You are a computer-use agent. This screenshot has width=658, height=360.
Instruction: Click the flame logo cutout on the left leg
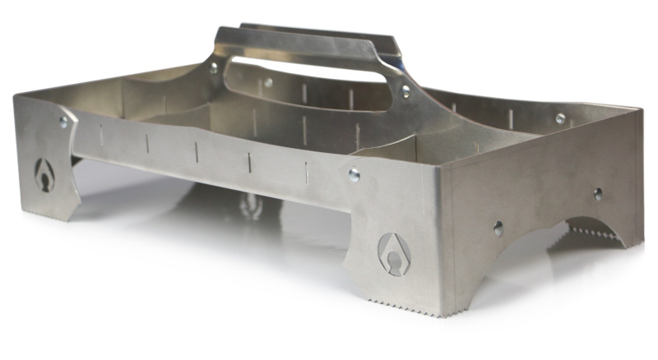tap(44, 173)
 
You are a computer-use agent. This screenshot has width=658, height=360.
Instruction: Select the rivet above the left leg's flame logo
tap(63, 122)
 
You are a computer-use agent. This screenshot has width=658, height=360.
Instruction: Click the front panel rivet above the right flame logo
tap(354, 174)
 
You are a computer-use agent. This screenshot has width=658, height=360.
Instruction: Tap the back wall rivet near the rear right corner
tap(560, 118)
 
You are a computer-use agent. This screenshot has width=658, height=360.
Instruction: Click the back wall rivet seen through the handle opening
tap(268, 82)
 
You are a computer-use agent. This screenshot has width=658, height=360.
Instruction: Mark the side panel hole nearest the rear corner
tap(598, 195)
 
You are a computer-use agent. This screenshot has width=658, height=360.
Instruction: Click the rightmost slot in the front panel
tap(305, 171)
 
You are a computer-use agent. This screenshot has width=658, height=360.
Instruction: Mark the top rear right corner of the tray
tap(640, 108)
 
